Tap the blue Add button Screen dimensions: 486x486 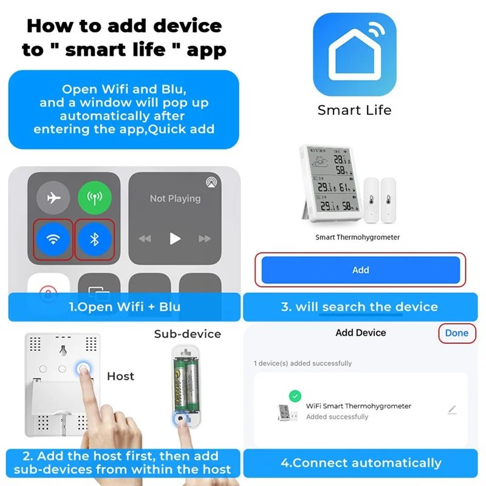click(360, 270)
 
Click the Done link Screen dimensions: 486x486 click(456, 333)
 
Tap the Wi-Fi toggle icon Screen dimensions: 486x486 click(53, 239)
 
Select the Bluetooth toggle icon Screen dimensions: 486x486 click(94, 239)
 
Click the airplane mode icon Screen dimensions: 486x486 click(53, 198)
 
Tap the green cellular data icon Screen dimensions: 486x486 click(94, 198)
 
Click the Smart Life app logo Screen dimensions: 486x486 click(355, 54)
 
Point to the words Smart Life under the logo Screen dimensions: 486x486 click(355, 110)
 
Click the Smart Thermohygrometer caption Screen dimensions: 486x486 click(357, 237)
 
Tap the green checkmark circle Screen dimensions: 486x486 click(295, 396)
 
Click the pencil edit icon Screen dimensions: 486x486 click(451, 410)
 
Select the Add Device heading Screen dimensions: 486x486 click(360, 333)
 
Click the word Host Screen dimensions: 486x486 click(120, 376)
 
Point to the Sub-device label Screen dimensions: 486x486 click(187, 334)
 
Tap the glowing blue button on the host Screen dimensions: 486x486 click(80, 370)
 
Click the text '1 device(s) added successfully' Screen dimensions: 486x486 click(303, 363)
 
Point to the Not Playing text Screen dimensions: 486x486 click(175, 199)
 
